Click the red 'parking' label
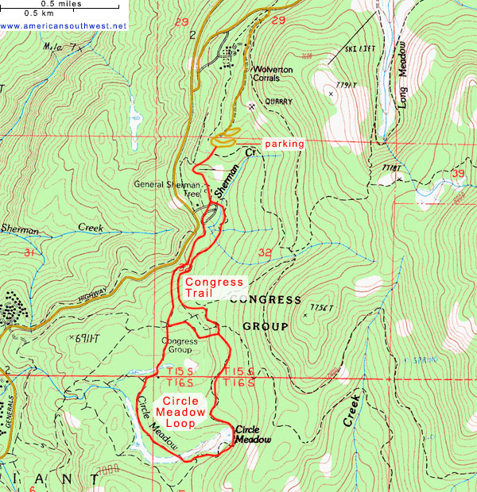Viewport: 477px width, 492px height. (283, 144)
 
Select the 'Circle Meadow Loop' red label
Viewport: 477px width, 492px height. (184, 411)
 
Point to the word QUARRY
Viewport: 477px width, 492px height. (276, 102)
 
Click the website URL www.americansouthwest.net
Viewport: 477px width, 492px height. (64, 25)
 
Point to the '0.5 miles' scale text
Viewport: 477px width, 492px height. (58, 4)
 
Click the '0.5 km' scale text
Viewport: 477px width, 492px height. (39, 13)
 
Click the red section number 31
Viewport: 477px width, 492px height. (30, 253)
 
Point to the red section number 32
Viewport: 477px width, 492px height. (265, 253)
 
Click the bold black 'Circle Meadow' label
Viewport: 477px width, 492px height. (252, 435)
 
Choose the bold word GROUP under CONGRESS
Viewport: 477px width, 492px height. (264, 325)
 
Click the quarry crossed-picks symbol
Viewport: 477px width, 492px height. (251, 106)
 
